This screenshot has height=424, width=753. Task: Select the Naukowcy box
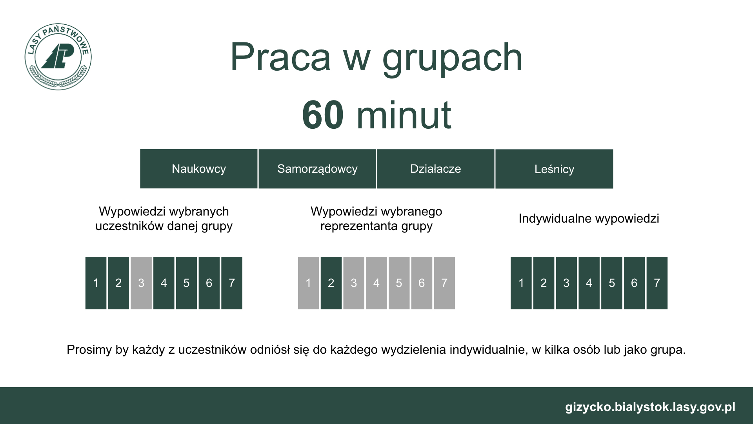pyautogui.click(x=199, y=169)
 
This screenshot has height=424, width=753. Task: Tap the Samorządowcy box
pyautogui.click(x=317, y=169)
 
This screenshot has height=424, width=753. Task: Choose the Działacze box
pyautogui.click(x=436, y=169)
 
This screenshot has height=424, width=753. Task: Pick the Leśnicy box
pyautogui.click(x=554, y=169)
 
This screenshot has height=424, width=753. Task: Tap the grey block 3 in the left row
pyautogui.click(x=141, y=283)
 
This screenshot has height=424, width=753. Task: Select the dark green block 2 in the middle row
pyautogui.click(x=331, y=283)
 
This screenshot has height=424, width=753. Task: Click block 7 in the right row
pyautogui.click(x=657, y=283)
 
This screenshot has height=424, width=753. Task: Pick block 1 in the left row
pyautogui.click(x=96, y=283)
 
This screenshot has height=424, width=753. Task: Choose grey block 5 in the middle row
pyautogui.click(x=399, y=283)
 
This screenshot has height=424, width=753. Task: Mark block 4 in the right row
pyautogui.click(x=589, y=283)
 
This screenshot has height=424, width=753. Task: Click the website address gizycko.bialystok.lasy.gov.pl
pyautogui.click(x=650, y=407)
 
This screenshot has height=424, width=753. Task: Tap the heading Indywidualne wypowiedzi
pyautogui.click(x=589, y=219)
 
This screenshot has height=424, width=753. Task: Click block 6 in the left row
pyautogui.click(x=209, y=283)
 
